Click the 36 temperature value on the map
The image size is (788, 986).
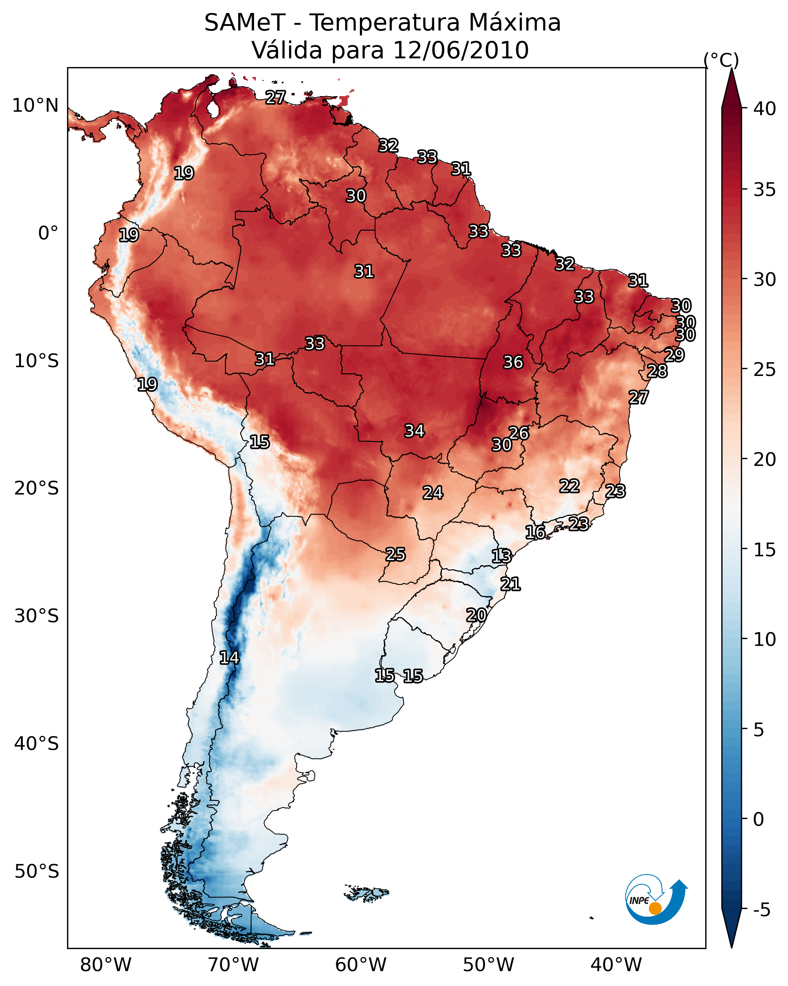[x=513, y=362]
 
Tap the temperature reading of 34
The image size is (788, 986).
[x=414, y=431]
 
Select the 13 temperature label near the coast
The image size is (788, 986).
[x=501, y=556]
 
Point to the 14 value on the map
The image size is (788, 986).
[x=229, y=658]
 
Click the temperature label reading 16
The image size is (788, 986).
[x=535, y=532]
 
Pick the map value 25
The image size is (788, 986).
[x=395, y=554]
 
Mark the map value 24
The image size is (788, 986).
[x=433, y=493]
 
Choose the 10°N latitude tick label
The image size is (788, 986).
[x=35, y=106]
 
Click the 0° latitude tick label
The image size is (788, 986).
[x=48, y=233]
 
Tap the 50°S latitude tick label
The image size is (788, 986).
[x=37, y=872]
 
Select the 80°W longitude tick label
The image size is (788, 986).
[x=106, y=965]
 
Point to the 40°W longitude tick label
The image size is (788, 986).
[x=616, y=965]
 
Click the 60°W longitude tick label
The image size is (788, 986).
[x=361, y=965]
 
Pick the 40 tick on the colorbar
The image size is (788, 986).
[x=765, y=109]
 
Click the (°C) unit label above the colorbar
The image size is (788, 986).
[x=721, y=60]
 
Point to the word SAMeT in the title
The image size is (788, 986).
[x=245, y=23]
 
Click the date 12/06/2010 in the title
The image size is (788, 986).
[x=461, y=50]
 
